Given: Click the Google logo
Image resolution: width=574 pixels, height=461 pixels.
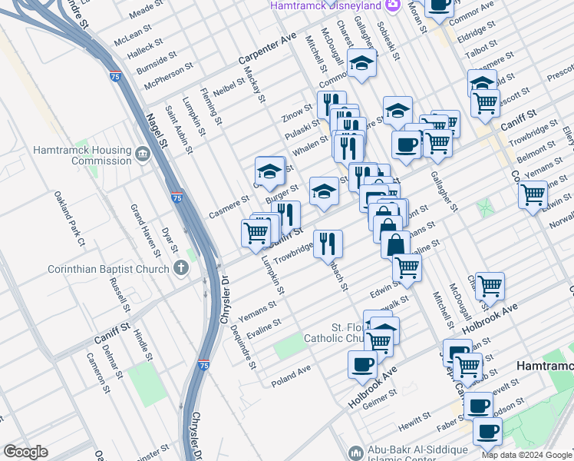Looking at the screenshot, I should pos(25,452).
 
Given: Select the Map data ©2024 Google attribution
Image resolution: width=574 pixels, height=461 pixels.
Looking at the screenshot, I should pos(526,455).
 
